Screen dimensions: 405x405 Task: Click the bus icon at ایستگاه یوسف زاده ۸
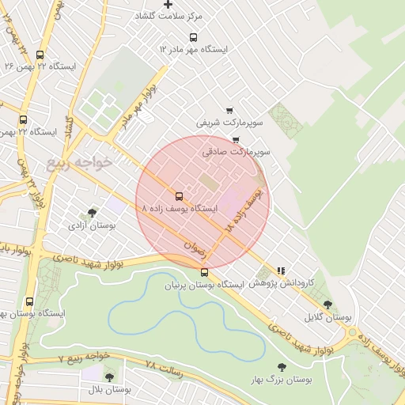click(178, 196)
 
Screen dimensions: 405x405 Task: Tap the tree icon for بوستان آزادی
click(93, 213)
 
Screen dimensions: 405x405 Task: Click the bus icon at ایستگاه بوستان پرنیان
click(205, 273)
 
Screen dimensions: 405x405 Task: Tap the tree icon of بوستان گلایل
click(327, 305)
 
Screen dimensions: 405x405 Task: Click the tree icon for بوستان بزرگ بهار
click(282, 366)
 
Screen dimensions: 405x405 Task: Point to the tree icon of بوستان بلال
click(109, 377)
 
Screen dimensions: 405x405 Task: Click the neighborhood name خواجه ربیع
click(80, 163)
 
